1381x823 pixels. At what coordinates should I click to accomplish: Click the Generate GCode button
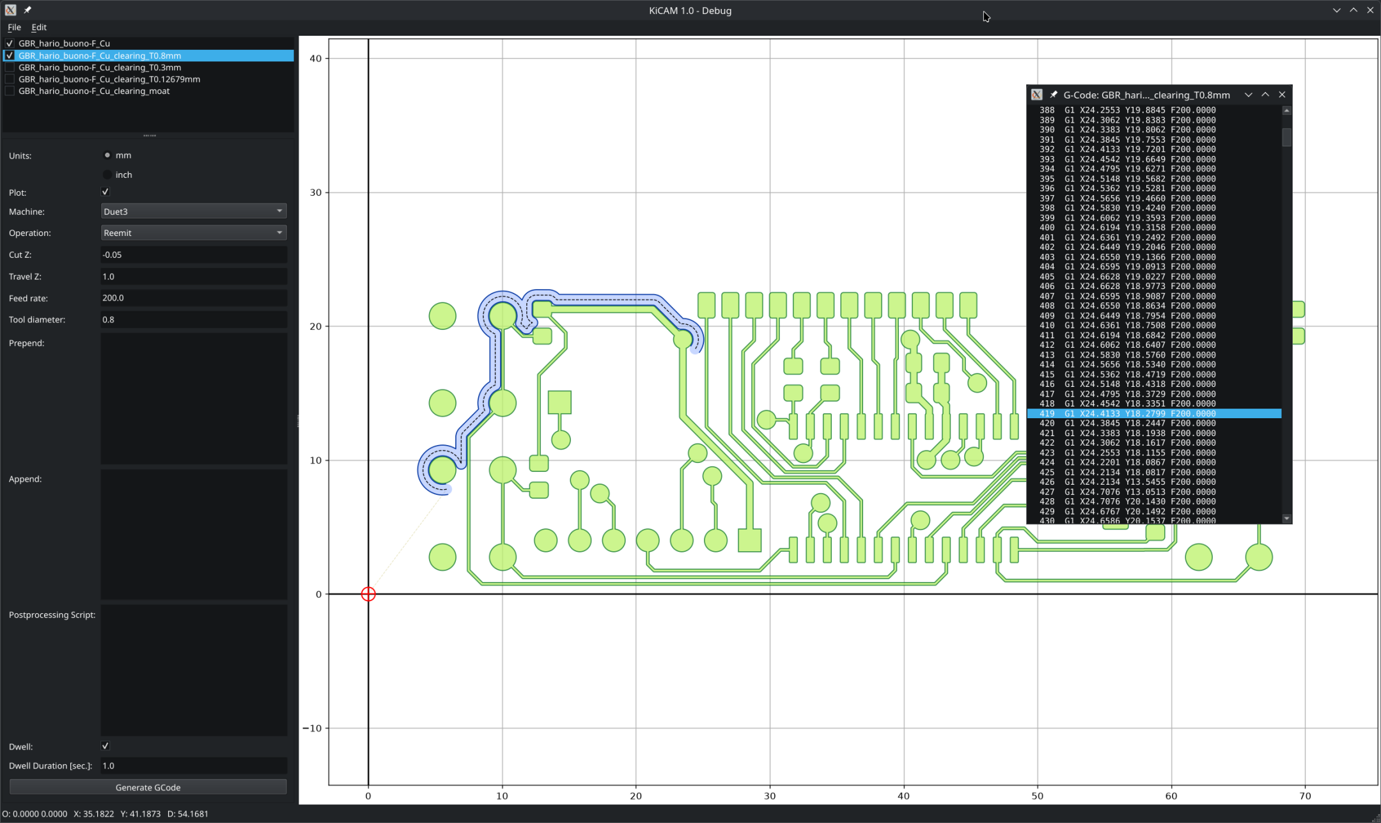click(x=148, y=787)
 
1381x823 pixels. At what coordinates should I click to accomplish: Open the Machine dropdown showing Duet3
click(x=194, y=211)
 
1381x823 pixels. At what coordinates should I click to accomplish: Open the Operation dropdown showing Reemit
click(x=194, y=233)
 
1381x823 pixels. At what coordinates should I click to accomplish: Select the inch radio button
click(x=107, y=175)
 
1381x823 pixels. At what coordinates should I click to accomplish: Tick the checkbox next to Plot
click(x=105, y=192)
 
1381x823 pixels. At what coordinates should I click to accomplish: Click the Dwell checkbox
click(x=105, y=746)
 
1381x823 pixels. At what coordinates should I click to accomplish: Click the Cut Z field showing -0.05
click(x=194, y=255)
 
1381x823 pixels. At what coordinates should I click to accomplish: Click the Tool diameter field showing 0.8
click(x=194, y=320)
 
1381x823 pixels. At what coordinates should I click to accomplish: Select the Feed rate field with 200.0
click(x=194, y=298)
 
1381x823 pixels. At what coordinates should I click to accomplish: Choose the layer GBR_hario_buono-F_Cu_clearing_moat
click(x=94, y=91)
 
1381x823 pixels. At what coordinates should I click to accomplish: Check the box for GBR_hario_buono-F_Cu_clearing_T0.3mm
click(x=10, y=67)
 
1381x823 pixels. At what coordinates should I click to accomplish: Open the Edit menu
click(x=39, y=27)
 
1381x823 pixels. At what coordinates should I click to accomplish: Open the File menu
click(x=14, y=27)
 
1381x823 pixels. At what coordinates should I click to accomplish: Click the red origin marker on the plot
click(x=368, y=594)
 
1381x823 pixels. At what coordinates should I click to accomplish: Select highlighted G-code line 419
click(x=1154, y=414)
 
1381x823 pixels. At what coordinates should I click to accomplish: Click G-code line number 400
click(x=1047, y=228)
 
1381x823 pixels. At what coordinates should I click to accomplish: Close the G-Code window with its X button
click(x=1282, y=95)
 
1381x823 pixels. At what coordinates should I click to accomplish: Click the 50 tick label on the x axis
click(x=1037, y=796)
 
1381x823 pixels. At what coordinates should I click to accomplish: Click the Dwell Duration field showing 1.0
click(x=194, y=765)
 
